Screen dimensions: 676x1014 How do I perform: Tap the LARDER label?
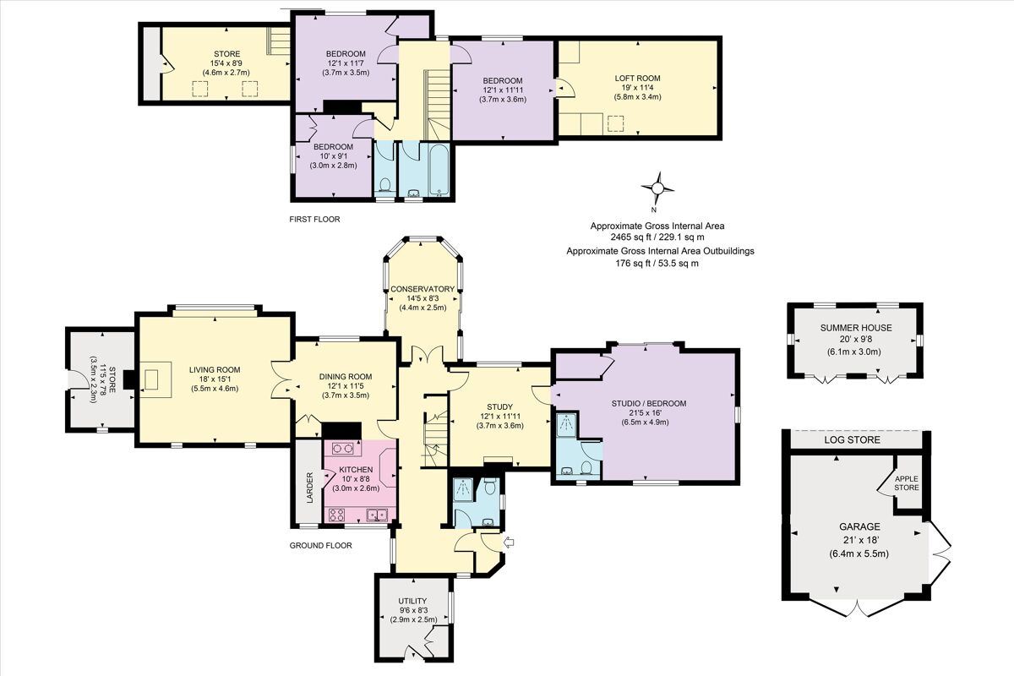[x=310, y=488]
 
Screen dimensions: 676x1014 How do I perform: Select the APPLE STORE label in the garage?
[x=907, y=482]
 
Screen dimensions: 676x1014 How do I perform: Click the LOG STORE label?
[x=852, y=440]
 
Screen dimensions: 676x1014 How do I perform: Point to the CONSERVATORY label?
[x=422, y=289]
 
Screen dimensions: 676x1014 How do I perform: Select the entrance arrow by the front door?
[x=507, y=542]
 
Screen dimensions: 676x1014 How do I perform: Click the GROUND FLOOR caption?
[x=320, y=546]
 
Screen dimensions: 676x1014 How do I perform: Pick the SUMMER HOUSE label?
[x=855, y=327]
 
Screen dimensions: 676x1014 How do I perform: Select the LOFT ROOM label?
[x=637, y=78]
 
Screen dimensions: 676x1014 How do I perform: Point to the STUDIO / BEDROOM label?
[x=648, y=404]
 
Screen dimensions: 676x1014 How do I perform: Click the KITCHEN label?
[x=356, y=469]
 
